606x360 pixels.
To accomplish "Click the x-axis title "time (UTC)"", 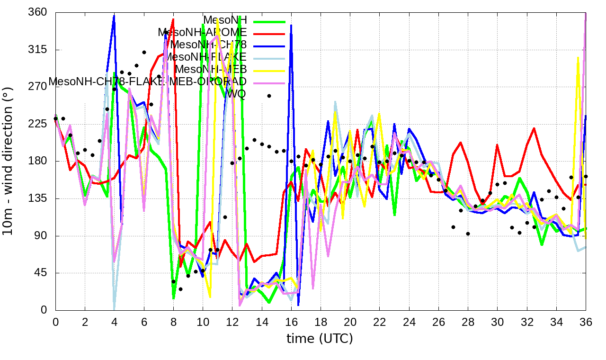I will point(320,339).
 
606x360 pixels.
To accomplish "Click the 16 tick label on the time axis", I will point(291,321).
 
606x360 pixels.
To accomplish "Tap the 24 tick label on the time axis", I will point(409,321).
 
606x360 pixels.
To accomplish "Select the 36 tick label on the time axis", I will point(586,321).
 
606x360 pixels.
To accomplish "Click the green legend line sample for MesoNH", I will point(269,21).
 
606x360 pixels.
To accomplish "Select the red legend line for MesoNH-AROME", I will point(269,34).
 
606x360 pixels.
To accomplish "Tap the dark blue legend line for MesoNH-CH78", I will point(269,46).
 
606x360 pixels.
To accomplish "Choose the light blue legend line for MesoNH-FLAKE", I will point(269,58).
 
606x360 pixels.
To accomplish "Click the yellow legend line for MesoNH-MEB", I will point(269,71).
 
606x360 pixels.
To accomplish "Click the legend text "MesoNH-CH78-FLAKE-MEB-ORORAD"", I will point(147,81).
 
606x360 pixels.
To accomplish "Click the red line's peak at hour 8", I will point(173,19).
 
